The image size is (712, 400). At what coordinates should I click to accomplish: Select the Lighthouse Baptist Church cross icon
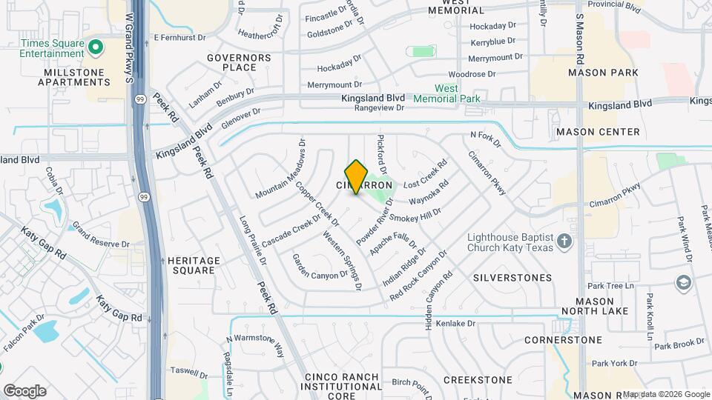(x=564, y=242)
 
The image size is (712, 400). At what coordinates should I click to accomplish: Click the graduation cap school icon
(x=682, y=282)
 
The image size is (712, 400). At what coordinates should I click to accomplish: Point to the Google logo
(x=24, y=391)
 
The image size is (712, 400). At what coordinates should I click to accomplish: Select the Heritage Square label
(x=194, y=265)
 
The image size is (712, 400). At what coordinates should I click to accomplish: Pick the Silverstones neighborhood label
(x=512, y=278)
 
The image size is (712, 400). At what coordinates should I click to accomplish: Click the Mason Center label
(x=598, y=132)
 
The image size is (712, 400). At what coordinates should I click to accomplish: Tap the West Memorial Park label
(x=457, y=93)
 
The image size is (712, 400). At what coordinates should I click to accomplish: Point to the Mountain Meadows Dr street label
(x=281, y=170)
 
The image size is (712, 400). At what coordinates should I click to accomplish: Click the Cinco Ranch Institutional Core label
(x=342, y=386)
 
